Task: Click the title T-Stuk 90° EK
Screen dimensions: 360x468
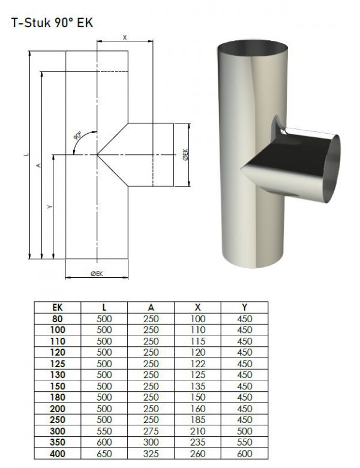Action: (x=52, y=23)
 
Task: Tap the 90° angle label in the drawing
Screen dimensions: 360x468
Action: (x=77, y=136)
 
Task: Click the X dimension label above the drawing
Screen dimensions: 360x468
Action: (x=125, y=38)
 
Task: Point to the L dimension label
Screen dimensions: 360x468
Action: (x=27, y=154)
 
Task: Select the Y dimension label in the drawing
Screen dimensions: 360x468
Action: (x=50, y=206)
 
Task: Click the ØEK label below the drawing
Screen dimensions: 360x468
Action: (x=97, y=274)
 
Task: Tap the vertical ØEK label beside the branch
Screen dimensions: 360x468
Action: (x=185, y=155)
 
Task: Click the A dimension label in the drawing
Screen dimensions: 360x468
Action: (x=38, y=165)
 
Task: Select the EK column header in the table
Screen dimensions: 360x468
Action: (x=58, y=307)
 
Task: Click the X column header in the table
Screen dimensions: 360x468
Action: (x=197, y=307)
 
